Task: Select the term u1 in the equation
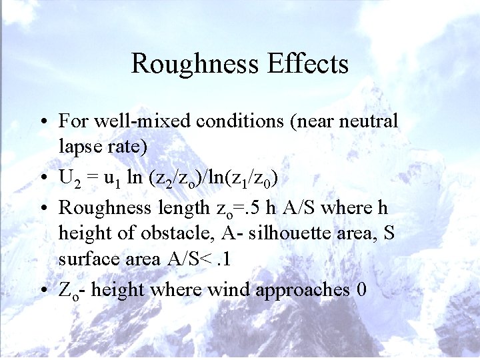[x=109, y=178]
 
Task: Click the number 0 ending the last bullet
[x=362, y=289]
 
